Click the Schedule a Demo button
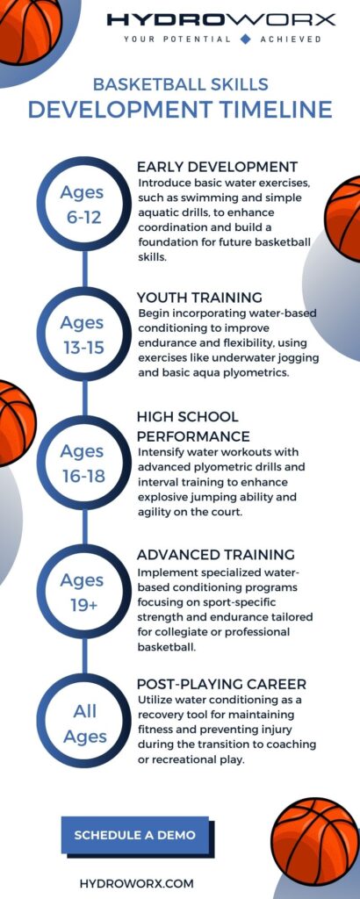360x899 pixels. click(134, 834)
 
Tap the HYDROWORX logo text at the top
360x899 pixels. click(220, 19)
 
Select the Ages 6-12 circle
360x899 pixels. click(82, 205)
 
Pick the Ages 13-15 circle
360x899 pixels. click(82, 334)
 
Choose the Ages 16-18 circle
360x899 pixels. click(82, 463)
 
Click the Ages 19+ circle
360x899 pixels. click(82, 592)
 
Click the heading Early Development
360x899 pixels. click(217, 167)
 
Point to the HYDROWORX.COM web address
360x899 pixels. click(136, 882)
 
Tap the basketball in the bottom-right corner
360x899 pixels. click(316, 839)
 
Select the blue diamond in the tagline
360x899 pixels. click(245, 39)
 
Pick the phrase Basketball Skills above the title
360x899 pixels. click(180, 84)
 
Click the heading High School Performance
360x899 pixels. click(193, 426)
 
